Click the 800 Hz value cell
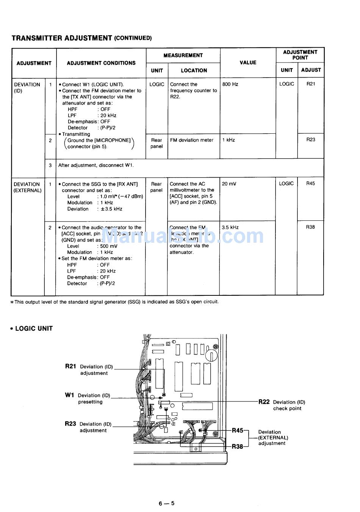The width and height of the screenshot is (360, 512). [230, 84]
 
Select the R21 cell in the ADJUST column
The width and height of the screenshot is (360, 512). [311, 84]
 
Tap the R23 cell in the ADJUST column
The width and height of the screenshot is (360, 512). [311, 140]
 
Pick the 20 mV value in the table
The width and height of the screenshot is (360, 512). [229, 184]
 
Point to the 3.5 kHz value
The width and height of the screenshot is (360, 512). [230, 228]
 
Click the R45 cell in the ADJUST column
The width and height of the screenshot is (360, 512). [310, 184]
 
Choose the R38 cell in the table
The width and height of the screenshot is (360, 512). [310, 227]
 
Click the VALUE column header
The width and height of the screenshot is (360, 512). [248, 62]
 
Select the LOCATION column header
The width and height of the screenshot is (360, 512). [194, 70]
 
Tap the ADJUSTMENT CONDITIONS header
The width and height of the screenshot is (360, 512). [101, 63]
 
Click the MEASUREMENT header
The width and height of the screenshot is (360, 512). [183, 55]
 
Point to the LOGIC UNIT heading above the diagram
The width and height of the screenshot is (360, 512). [34, 329]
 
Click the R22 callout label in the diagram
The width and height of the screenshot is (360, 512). [264, 402]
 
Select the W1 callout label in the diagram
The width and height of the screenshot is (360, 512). [69, 395]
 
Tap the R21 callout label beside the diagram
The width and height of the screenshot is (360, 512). [70, 366]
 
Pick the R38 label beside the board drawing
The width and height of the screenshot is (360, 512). [237, 446]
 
